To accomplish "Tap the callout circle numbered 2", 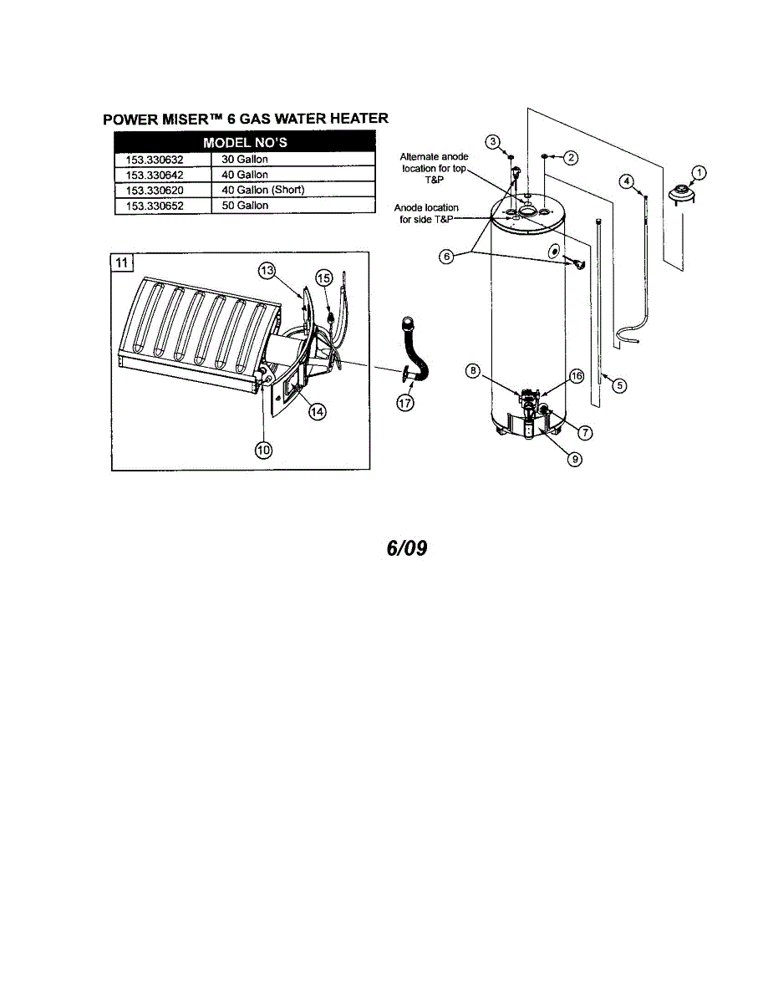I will (x=571, y=157).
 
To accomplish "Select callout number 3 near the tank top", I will (x=494, y=141).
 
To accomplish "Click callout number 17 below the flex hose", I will (x=405, y=402).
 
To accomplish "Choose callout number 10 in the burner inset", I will (x=263, y=450).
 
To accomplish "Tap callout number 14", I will (x=317, y=411).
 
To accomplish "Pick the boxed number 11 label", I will (x=122, y=262).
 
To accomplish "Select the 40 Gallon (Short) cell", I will (x=263, y=190).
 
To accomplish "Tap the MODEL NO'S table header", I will (x=245, y=143).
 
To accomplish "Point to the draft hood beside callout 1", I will (x=684, y=196).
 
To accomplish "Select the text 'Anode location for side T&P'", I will (x=426, y=213).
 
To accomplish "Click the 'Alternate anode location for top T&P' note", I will (x=434, y=168).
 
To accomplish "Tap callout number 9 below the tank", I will (x=574, y=458).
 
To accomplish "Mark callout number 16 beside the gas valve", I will (x=576, y=377).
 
